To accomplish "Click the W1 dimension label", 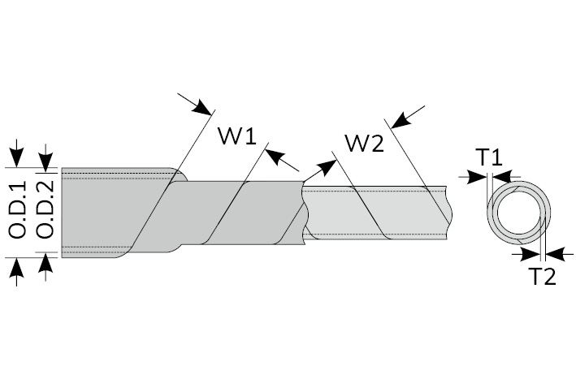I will [236, 136].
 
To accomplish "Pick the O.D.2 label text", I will [46, 213].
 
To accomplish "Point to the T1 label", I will [489, 157].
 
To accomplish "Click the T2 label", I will [543, 276].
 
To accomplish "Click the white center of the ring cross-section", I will [518, 213].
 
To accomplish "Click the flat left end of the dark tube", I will [63, 212].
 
